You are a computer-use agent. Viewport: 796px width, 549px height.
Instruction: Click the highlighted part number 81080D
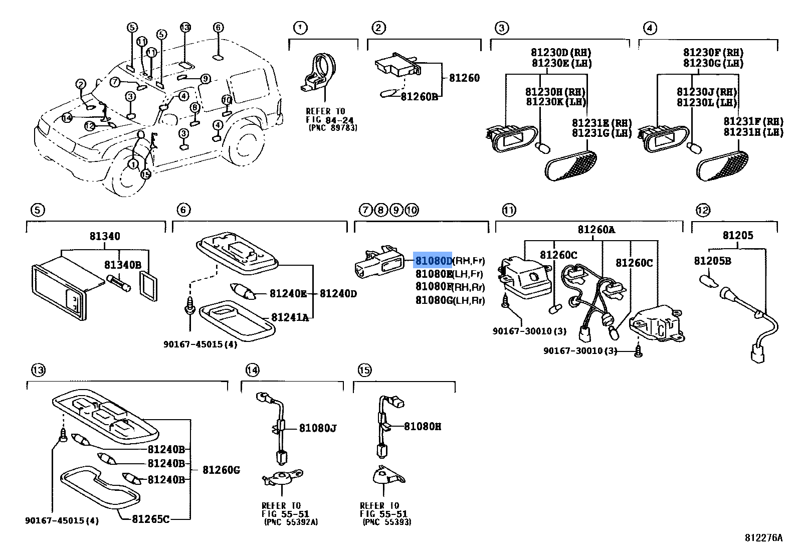click(433, 261)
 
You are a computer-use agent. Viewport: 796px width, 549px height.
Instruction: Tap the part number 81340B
click(123, 265)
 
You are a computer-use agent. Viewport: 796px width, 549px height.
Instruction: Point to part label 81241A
click(290, 317)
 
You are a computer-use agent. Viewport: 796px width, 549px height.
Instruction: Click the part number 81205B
click(712, 261)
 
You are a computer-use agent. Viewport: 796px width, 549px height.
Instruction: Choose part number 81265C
click(151, 518)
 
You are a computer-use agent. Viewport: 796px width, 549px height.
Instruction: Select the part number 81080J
click(318, 428)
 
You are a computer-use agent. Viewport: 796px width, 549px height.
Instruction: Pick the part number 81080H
click(423, 427)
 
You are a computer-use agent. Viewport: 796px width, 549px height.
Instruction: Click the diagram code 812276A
click(763, 538)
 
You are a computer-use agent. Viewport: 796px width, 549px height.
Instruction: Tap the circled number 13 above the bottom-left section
click(38, 371)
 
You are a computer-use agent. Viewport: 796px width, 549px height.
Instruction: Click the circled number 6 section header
click(184, 210)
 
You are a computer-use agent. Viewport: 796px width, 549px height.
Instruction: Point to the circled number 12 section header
click(703, 210)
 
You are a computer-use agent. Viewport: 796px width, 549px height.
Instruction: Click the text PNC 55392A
click(291, 522)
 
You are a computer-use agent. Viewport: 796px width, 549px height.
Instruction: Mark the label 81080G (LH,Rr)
click(450, 300)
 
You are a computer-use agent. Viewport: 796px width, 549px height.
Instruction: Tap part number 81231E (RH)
click(602, 123)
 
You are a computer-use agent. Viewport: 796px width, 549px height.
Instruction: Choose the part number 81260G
click(221, 470)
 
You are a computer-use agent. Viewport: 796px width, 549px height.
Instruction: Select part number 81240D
click(338, 294)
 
